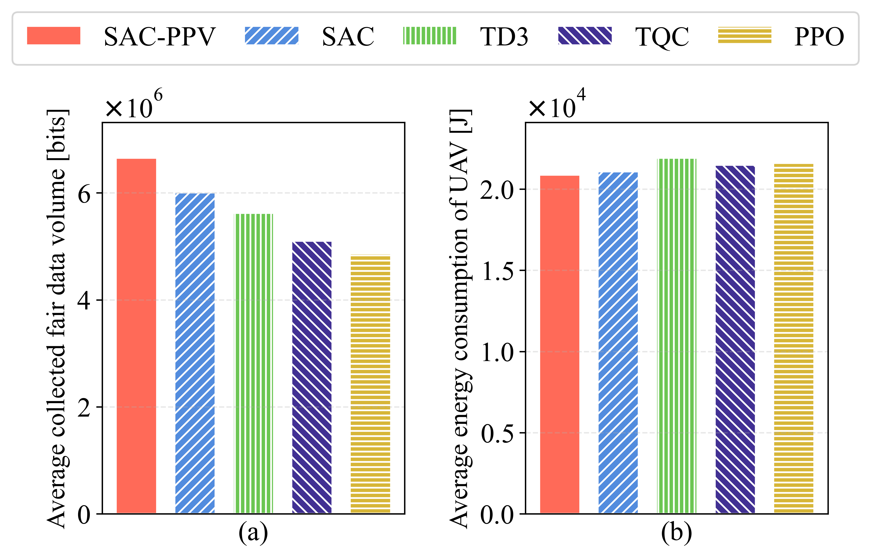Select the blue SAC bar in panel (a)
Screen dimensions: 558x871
click(x=195, y=353)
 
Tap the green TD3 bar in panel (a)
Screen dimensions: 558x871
click(x=254, y=363)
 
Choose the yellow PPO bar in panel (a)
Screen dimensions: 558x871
click(x=370, y=384)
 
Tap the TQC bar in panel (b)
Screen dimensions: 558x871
click(x=735, y=340)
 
